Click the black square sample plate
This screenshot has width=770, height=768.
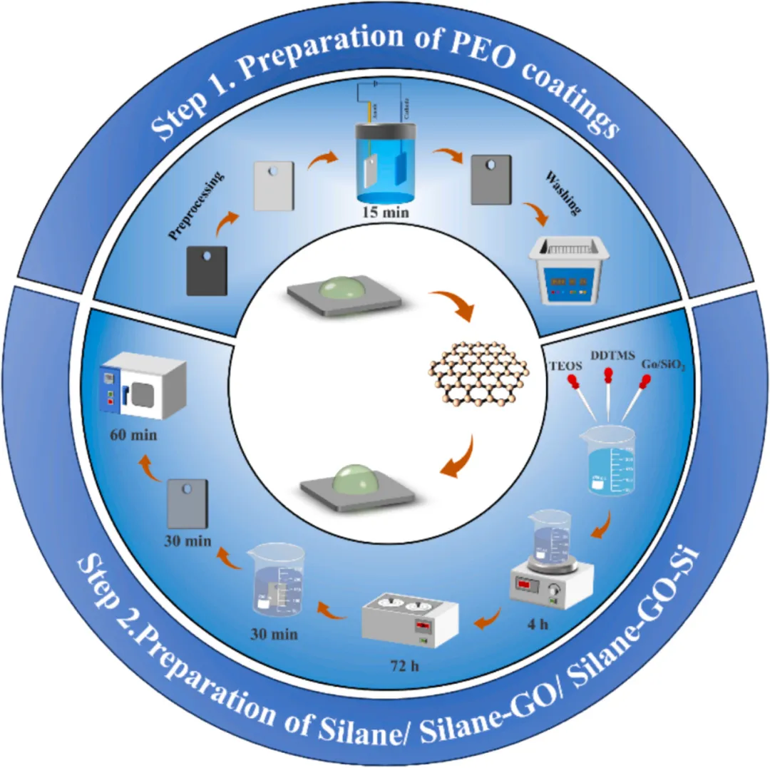tap(207, 270)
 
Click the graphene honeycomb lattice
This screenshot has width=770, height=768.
tap(481, 378)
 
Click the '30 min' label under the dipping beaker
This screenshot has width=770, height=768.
tap(273, 633)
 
